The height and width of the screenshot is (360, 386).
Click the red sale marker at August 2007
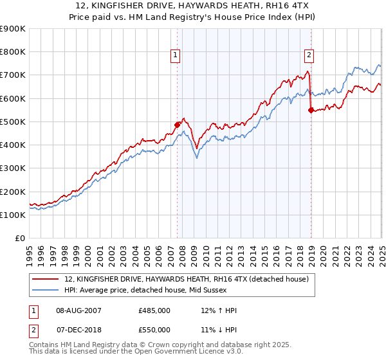pos(178,125)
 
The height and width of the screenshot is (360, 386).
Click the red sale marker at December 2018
pos(311,110)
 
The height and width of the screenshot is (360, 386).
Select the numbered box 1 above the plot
pos(174,56)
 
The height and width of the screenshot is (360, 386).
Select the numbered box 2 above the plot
pos(309,56)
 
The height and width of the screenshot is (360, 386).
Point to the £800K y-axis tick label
pos(13,52)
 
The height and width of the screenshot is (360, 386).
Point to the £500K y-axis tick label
pos(13,122)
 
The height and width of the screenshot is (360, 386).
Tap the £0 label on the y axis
pos(19,238)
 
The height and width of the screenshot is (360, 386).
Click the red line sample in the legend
pos(46,280)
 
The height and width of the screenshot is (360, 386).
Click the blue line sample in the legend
pos(46,289)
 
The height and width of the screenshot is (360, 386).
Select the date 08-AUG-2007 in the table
pos(78,310)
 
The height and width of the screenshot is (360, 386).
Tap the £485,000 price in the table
pos(154,310)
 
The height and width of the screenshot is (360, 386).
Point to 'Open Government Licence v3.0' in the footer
pos(188,352)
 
